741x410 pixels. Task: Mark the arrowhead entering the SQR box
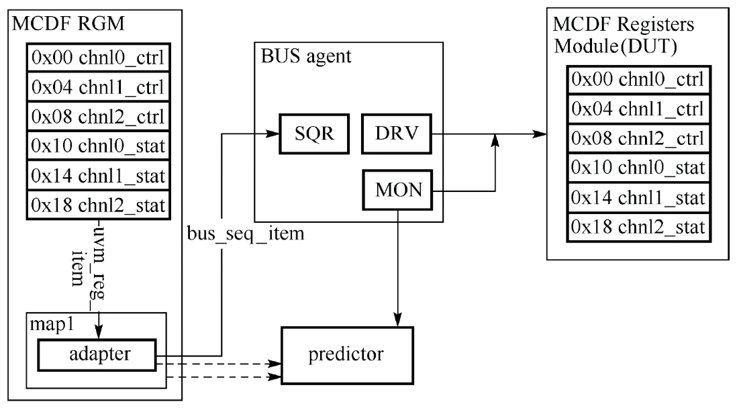tap(274, 134)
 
